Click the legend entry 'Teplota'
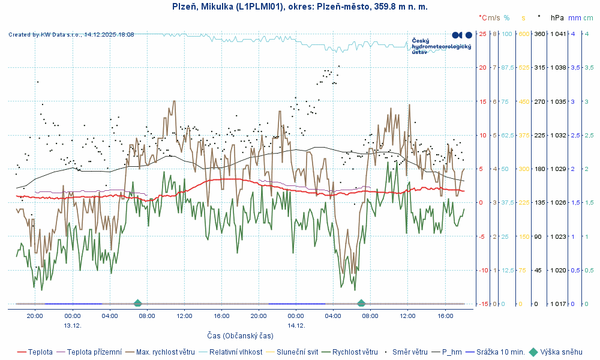40,352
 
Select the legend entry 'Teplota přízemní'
94,352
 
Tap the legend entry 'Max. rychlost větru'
165,352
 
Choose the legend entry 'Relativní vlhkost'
235,352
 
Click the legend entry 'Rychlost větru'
355,352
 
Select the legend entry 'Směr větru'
410,352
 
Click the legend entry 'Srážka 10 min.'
500,352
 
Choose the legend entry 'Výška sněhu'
561,352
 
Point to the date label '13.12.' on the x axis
72,325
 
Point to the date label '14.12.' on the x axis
296,325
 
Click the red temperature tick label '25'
482,34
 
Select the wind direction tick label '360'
539,34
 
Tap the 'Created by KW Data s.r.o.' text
71,35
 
